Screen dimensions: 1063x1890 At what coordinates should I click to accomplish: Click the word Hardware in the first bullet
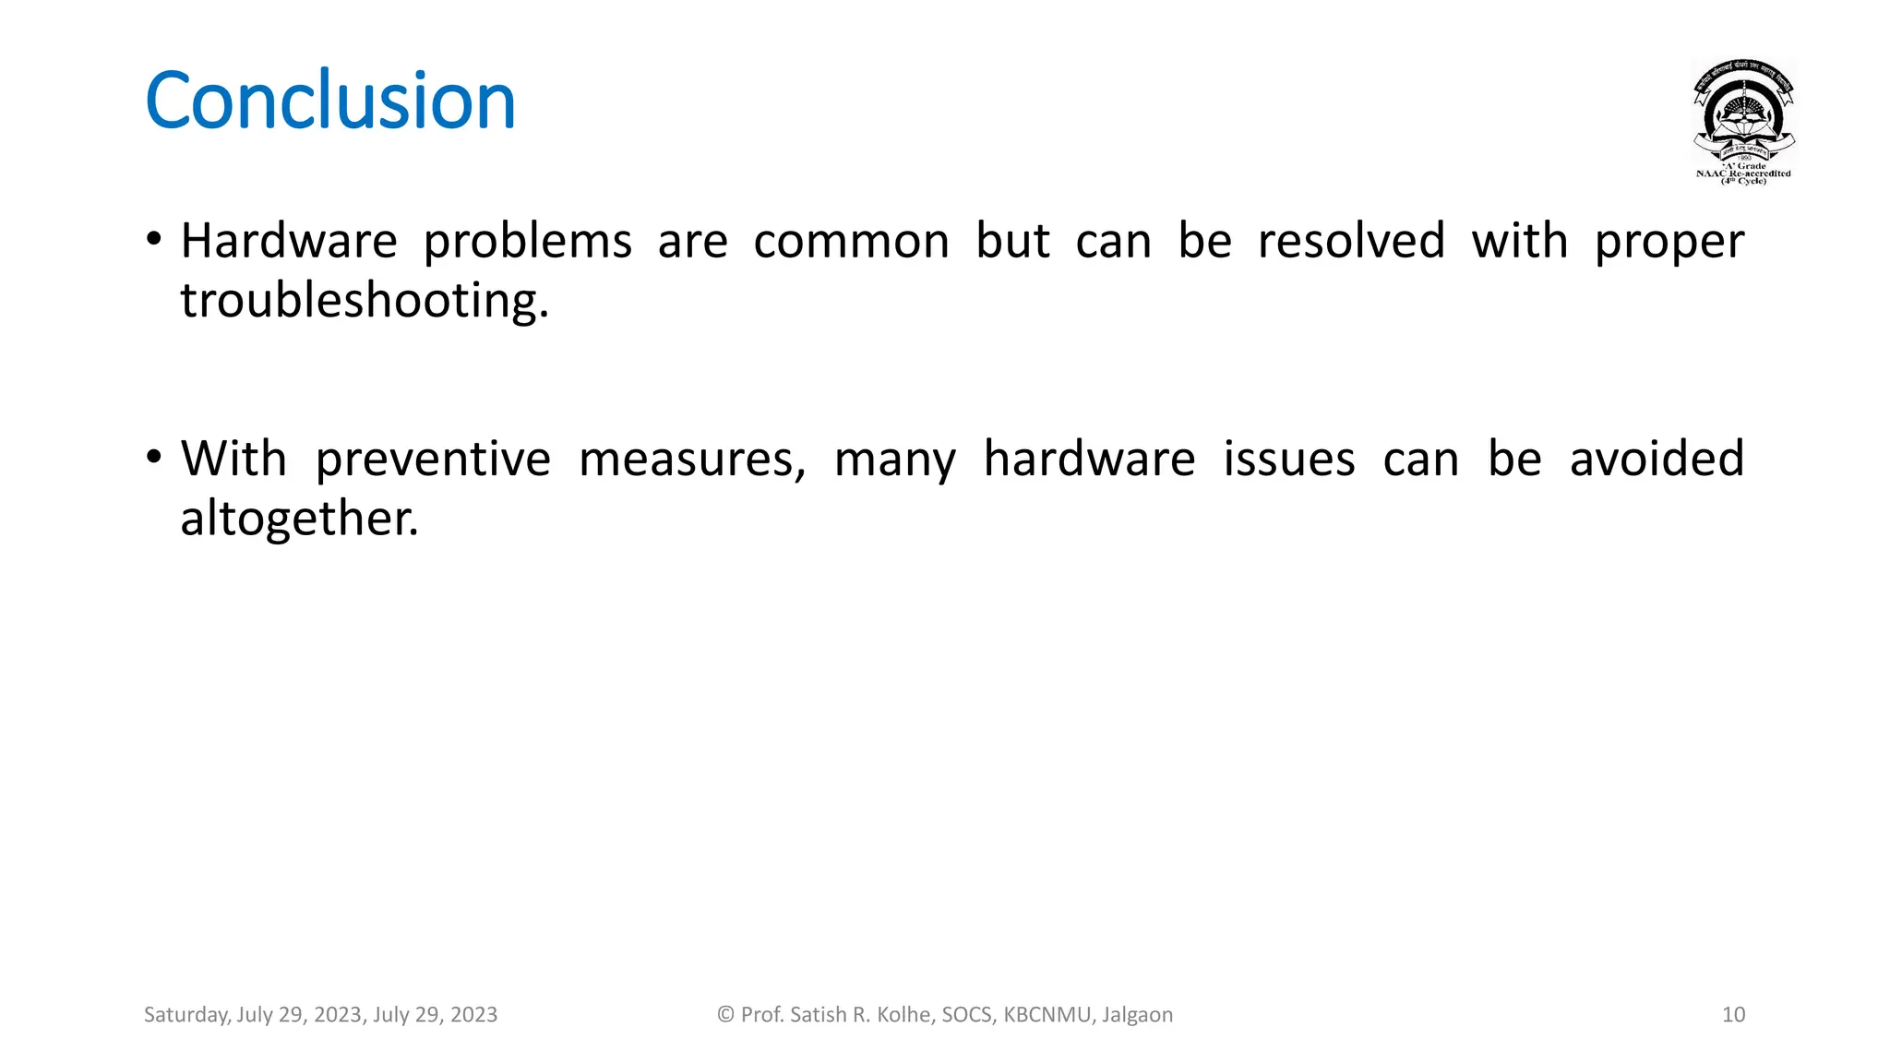click(288, 242)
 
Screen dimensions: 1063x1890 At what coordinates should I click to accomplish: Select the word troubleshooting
click(364, 301)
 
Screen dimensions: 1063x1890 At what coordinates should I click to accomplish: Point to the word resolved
click(1350, 242)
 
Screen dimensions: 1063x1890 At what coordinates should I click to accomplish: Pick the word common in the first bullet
click(851, 242)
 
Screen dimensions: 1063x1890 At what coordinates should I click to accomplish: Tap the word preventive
click(433, 460)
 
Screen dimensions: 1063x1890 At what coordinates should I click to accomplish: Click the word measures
click(691, 460)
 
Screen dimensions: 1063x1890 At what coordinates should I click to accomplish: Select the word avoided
click(1657, 459)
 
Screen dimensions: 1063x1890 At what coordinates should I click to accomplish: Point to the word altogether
click(298, 519)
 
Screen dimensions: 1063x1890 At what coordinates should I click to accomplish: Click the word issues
click(1289, 459)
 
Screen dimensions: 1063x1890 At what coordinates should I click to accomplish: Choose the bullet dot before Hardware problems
click(154, 240)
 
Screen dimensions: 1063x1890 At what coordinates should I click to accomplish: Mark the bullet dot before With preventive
click(154, 457)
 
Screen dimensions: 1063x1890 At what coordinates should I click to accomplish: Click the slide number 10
click(1733, 1015)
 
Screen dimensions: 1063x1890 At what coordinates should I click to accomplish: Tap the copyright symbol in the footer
click(725, 1015)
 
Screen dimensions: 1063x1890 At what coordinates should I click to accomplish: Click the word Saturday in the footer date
click(185, 1015)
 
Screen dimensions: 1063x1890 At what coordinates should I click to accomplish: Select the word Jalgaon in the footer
click(1137, 1015)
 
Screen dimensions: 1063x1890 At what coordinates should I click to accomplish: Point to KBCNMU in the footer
click(1047, 1015)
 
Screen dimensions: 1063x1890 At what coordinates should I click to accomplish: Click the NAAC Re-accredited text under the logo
click(1743, 173)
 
